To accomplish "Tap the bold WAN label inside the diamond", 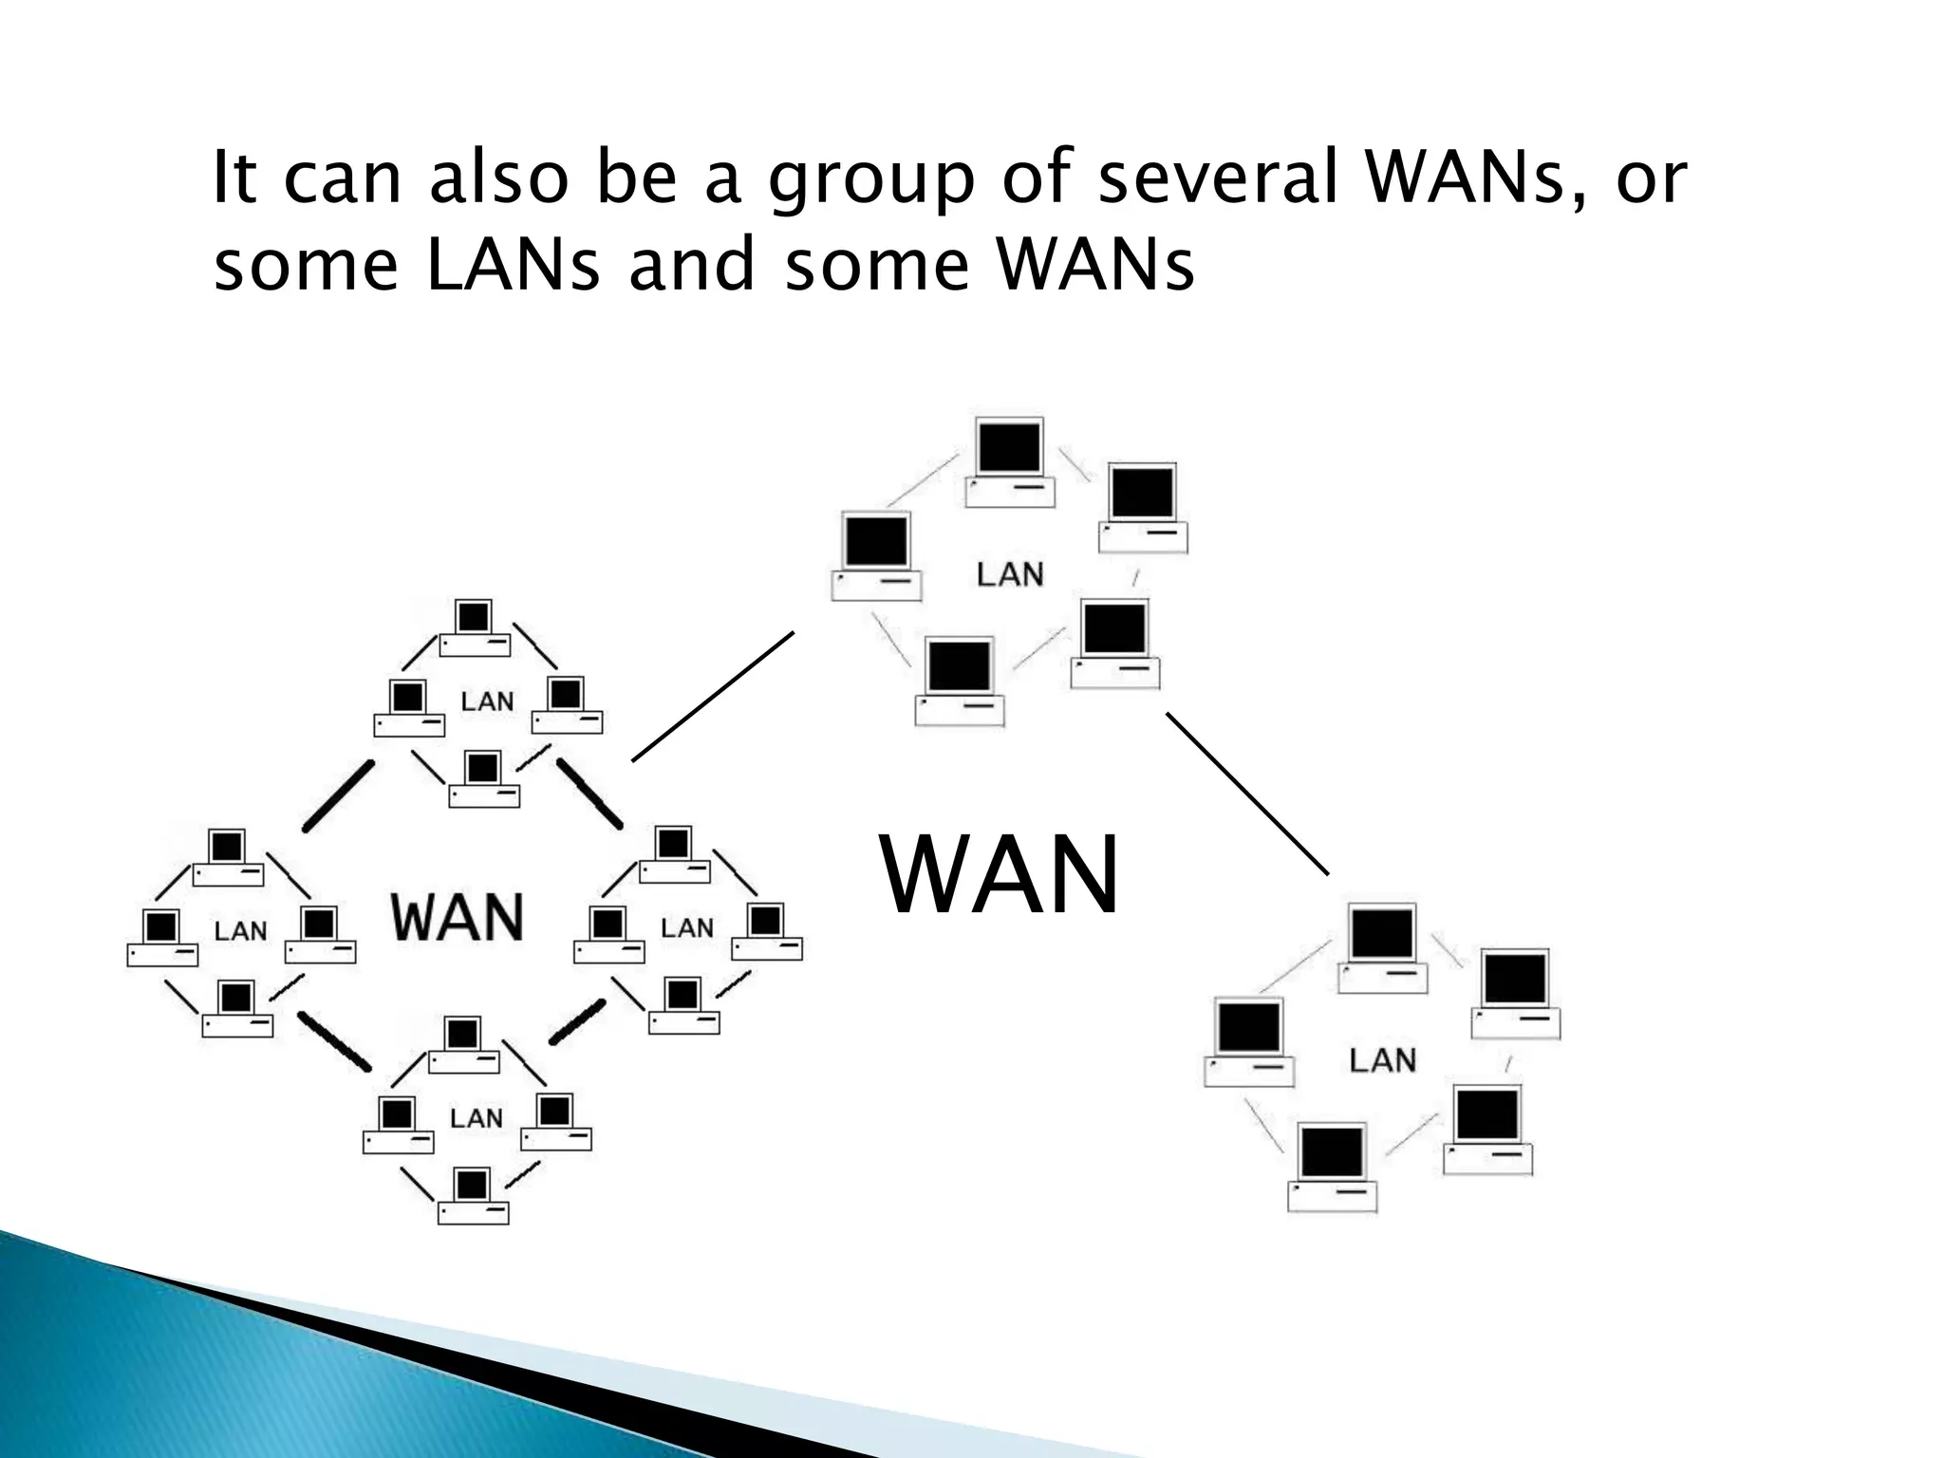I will (458, 917).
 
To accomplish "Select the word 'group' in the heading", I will (870, 180).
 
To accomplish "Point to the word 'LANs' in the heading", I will (513, 265).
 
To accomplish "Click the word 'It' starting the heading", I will (234, 178).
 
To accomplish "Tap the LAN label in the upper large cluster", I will (1010, 574).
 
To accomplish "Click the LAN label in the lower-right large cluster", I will (1382, 1060).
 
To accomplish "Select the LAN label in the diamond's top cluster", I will (487, 701).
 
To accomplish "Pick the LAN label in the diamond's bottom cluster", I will (476, 1118).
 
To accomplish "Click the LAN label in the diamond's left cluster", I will (240, 931).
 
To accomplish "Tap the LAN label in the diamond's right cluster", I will (686, 927).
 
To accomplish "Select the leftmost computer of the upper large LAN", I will (876, 556).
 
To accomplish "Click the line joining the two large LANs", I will (1247, 793).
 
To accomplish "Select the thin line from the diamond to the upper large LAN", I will (713, 696).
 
